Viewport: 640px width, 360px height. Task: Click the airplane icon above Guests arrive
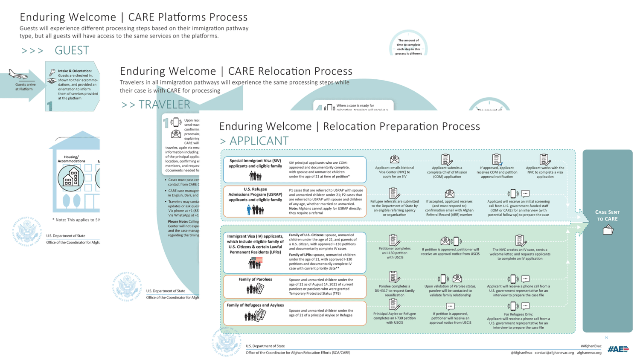pos(18,75)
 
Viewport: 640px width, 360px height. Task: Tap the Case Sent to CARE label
pos(607,215)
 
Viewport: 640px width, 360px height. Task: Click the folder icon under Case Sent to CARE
pos(608,230)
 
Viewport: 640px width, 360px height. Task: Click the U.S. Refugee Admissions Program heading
pos(255,195)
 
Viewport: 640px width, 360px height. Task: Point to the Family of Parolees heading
pos(255,279)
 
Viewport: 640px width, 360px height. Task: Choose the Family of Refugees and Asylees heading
pos(255,305)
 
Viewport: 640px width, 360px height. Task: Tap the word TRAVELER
pos(164,105)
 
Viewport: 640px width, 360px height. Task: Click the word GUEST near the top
pos(72,50)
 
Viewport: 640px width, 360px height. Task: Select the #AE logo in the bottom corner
pos(618,349)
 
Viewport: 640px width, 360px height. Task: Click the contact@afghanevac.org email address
pos(554,353)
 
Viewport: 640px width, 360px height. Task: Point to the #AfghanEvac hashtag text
pos(591,346)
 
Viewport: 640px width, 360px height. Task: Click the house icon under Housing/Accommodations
pos(71,177)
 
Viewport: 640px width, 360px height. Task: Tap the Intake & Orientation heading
pos(75,71)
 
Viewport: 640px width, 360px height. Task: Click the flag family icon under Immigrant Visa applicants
pos(256,263)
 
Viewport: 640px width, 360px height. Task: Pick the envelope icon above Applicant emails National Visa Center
pos(395,160)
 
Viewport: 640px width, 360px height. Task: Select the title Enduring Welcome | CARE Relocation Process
pos(236,71)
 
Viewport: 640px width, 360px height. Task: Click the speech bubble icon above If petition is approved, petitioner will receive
pos(450,306)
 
